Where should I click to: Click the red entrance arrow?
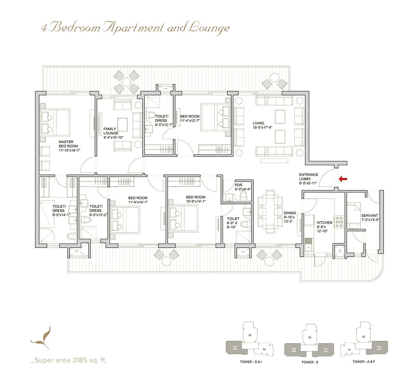(343, 178)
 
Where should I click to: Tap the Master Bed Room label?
(69, 146)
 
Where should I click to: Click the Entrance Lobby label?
(308, 179)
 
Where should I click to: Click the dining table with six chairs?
(270, 211)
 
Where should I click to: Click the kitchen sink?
(308, 248)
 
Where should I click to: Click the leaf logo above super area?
(42, 338)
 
